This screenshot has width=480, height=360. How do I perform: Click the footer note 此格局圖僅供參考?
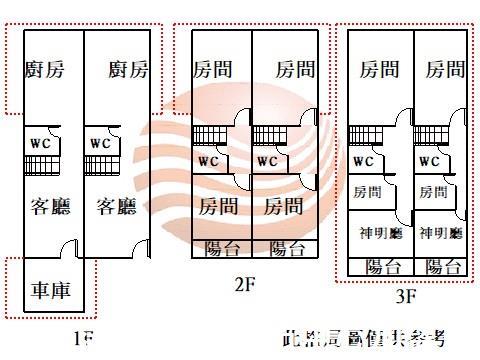pyautogui.click(x=364, y=340)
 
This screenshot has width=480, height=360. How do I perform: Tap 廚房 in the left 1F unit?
pyautogui.click(x=45, y=69)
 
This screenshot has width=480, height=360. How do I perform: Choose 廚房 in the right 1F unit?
pyautogui.click(x=129, y=69)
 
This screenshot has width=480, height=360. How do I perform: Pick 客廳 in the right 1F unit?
pyautogui.click(x=116, y=207)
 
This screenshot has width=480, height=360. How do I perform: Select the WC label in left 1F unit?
pyautogui.click(x=40, y=143)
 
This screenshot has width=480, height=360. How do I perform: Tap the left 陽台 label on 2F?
pyautogui.click(x=221, y=249)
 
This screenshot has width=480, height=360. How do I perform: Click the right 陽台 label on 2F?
pyautogui.click(x=287, y=249)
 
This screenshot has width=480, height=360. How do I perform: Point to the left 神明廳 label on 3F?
pyautogui.click(x=380, y=233)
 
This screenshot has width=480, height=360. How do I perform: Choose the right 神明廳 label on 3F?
pyautogui.click(x=441, y=233)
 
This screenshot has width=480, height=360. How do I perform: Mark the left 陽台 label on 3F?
pyautogui.click(x=384, y=266)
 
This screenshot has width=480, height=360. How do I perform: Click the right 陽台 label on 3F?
pyautogui.click(x=443, y=266)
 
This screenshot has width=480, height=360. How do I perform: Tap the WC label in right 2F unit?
pyautogui.click(x=267, y=161)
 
